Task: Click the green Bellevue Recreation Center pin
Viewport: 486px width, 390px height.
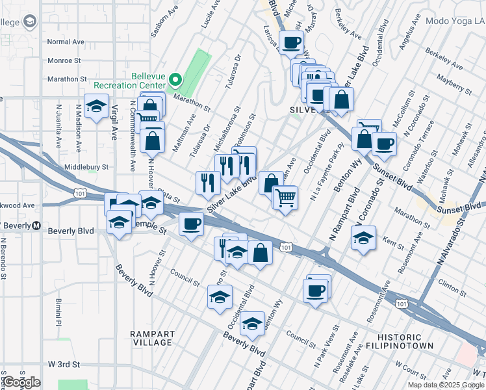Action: (x=175, y=81)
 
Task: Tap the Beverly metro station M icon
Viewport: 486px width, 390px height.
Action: (x=36, y=226)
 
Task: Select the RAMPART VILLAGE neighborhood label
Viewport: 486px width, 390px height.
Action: (x=151, y=338)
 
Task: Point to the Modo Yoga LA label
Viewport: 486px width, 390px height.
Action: (x=455, y=21)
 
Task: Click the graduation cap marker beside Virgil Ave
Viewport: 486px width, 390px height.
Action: (x=96, y=107)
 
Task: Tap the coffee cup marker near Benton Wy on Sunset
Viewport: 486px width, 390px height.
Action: (x=384, y=144)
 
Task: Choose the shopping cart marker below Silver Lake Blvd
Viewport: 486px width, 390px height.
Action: (x=285, y=198)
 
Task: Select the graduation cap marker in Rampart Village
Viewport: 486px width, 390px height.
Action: (x=252, y=324)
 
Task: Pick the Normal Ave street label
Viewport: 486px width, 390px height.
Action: (x=66, y=42)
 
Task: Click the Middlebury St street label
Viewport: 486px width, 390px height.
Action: (x=86, y=167)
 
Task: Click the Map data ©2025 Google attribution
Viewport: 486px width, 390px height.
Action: (x=446, y=385)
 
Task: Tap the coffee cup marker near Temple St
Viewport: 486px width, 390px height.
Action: (x=191, y=225)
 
